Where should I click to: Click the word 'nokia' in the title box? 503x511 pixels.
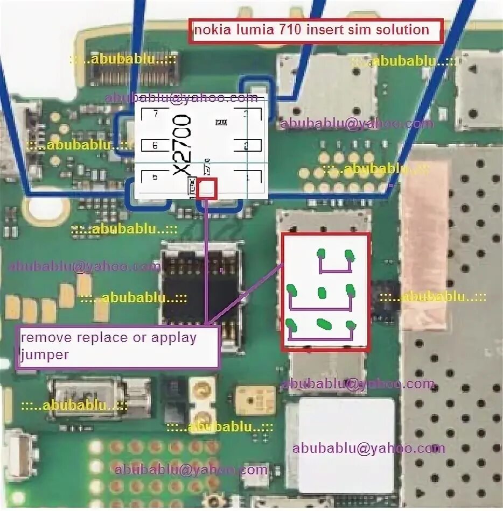pos(211,30)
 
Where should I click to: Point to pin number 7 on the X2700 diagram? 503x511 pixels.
pos(156,114)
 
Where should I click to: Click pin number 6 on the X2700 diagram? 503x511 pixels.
pos(155,146)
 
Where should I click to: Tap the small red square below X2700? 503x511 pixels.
pos(207,189)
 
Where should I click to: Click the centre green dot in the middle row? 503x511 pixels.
pos(322,293)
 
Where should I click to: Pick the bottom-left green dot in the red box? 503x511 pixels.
pos(292,325)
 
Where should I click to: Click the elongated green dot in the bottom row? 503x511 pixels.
pos(323,324)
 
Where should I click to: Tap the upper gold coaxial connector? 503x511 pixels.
pos(204,389)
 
